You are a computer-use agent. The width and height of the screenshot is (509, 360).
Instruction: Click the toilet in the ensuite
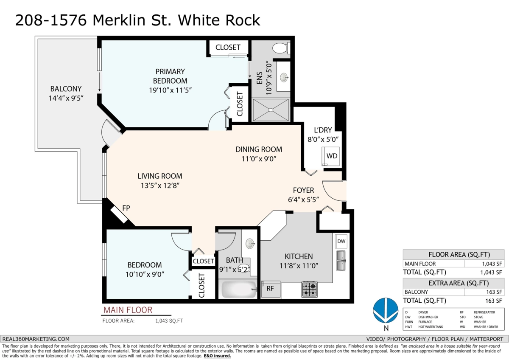(281, 48)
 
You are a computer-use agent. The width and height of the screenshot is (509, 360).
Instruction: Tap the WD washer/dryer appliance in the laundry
(330, 156)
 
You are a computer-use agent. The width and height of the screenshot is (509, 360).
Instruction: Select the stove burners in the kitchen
(310, 289)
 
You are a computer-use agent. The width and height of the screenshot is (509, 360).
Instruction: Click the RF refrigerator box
(271, 289)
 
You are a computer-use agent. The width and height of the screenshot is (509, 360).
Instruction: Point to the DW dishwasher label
(341, 241)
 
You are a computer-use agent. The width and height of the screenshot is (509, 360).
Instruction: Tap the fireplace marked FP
(119, 215)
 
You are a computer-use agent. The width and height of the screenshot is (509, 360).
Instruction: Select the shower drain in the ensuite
(271, 110)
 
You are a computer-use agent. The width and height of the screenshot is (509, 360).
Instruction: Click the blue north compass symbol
(386, 310)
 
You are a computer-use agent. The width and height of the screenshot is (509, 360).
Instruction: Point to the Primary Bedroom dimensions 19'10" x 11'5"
(170, 90)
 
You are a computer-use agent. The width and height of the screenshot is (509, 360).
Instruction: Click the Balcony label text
(66, 89)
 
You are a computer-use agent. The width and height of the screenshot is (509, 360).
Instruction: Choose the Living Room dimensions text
(160, 186)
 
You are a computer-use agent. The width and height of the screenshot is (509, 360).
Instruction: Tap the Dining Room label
(259, 149)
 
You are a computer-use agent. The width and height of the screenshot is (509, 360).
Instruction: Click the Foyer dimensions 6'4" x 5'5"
(303, 200)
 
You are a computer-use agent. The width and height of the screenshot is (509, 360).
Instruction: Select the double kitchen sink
(341, 261)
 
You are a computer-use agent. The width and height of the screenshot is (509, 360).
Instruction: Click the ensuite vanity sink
(284, 77)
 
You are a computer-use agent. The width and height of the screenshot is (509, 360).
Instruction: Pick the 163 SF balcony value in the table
(494, 292)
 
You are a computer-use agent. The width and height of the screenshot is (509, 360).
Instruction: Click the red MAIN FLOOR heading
(128, 310)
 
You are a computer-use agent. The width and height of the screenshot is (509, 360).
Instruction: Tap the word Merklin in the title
(119, 20)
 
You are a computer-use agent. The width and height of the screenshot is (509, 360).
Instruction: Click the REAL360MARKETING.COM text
(36, 339)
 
